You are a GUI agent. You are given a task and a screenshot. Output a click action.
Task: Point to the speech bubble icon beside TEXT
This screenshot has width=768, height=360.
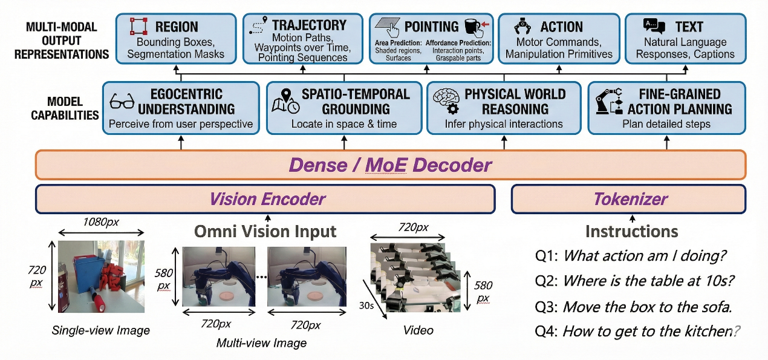pos(654,26)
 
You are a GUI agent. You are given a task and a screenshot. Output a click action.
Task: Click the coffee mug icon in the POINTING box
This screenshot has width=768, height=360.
pos(473,27)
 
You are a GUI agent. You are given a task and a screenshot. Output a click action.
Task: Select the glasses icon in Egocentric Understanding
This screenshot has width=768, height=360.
pos(122,102)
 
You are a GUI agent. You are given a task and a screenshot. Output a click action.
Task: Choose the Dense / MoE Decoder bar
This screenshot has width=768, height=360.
pos(390,165)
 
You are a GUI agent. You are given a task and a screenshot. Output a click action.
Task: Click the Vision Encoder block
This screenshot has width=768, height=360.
pos(266,199)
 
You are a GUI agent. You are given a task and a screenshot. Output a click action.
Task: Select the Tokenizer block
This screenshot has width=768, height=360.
pos(631,199)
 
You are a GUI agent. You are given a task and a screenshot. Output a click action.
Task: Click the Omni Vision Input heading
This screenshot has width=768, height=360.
pos(265,232)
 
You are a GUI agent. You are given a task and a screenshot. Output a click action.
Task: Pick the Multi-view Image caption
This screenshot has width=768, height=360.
pos(261,343)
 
